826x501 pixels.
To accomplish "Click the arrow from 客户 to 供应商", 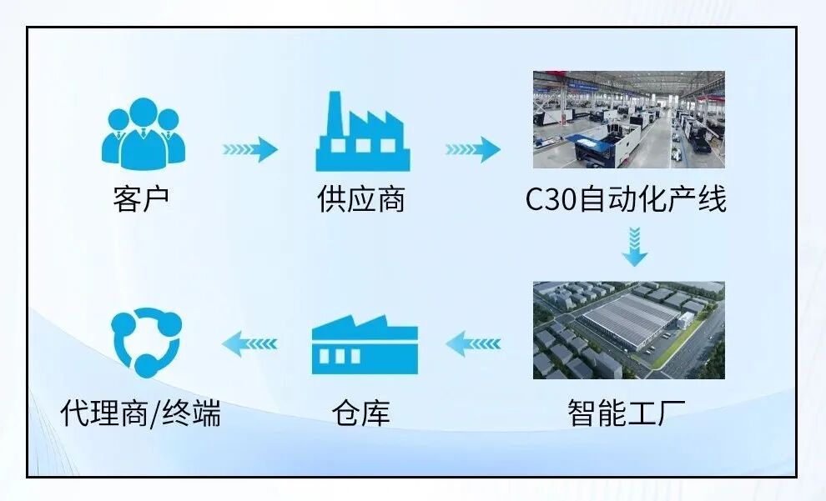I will (249, 149).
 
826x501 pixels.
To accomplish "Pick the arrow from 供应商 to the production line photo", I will (472, 149).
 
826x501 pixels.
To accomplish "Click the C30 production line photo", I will (628, 119).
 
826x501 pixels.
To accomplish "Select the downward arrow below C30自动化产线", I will (635, 248).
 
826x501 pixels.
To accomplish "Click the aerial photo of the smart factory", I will (628, 329).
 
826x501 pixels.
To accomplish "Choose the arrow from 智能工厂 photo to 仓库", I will (473, 343).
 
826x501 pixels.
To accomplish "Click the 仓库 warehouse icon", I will (364, 344).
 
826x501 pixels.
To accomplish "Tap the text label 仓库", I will (360, 413).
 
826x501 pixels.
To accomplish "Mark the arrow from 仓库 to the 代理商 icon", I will (249, 342).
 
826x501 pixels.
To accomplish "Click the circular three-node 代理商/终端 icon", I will (146, 342).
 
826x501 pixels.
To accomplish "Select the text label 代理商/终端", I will (141, 413).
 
